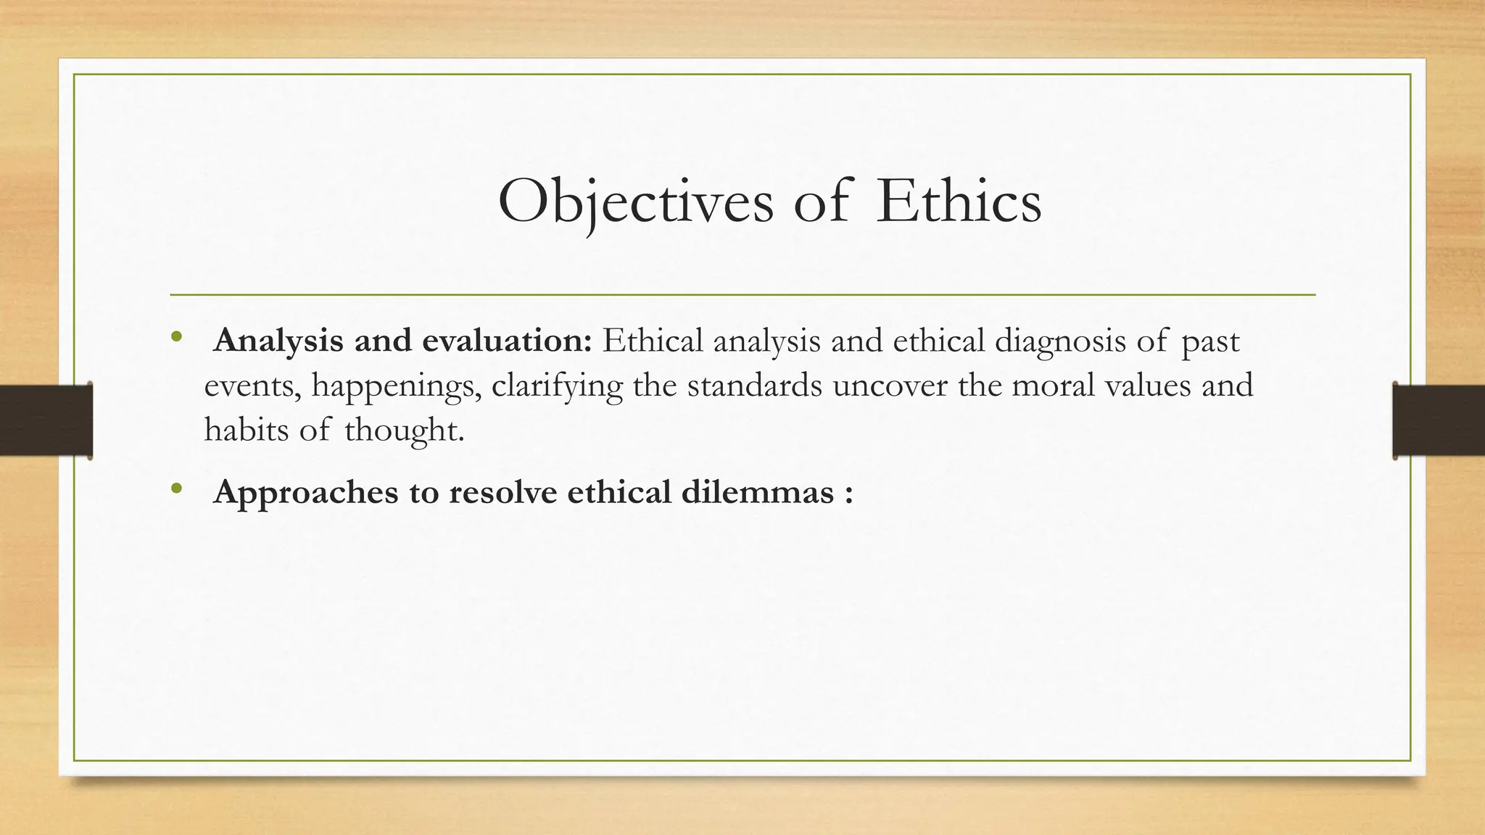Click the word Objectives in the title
pos(635,202)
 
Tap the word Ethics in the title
pos(959,201)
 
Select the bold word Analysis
pos(279,341)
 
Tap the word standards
pos(755,385)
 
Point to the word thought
pos(404,431)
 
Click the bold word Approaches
pos(306,494)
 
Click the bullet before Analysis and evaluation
pos(175,337)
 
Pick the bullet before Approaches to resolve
pos(175,489)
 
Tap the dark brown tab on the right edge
pos(1439,420)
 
